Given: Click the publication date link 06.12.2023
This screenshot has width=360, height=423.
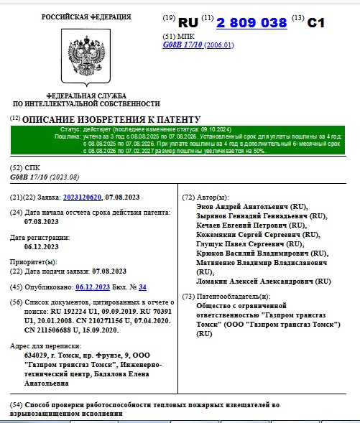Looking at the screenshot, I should click(95, 287).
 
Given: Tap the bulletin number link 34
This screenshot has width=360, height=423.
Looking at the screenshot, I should click(142, 287).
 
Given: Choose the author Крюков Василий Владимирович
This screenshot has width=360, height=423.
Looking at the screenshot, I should click(249, 253).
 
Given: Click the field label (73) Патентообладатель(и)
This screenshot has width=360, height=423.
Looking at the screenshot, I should click(226, 296).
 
